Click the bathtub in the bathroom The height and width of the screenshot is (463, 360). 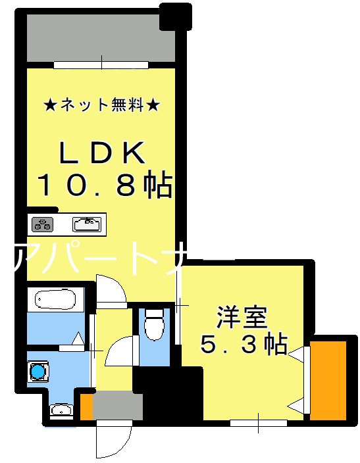(x=56, y=300)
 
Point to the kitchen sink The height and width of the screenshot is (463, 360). (x=87, y=224)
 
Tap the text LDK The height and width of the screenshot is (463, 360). (x=102, y=154)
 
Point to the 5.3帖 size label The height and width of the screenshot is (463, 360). (x=243, y=343)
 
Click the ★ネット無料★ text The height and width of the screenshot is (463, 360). (x=101, y=105)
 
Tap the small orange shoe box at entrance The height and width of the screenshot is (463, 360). (x=86, y=406)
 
